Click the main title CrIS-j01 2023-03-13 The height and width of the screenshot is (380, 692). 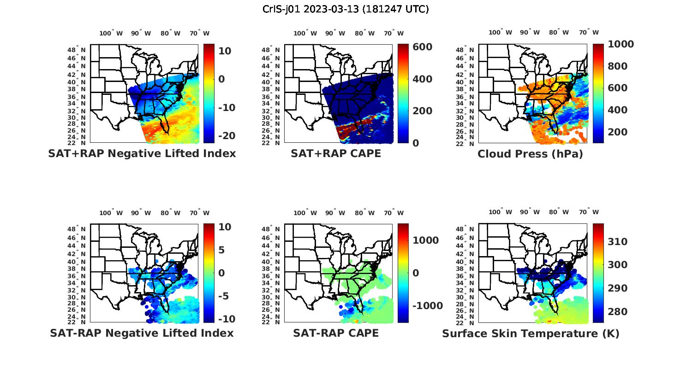point(346,9)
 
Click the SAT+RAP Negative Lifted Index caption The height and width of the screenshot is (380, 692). point(142,153)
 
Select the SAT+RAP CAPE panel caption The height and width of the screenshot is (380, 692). point(336,153)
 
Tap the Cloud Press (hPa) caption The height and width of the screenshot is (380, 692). point(530,154)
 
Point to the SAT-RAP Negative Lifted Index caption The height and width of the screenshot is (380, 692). point(142,333)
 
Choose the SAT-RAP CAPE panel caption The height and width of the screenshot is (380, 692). point(336,333)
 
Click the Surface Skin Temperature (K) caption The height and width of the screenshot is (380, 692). point(531,333)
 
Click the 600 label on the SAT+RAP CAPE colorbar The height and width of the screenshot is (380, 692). point(422,47)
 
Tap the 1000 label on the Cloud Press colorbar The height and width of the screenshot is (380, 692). point(621,44)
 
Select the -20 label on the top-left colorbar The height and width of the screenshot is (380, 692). point(226,136)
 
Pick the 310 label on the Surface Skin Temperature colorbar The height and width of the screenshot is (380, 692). point(618,242)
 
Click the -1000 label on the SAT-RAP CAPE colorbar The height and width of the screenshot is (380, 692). point(426,306)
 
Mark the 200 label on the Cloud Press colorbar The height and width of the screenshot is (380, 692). point(618,132)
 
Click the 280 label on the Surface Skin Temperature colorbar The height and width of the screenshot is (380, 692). point(618,312)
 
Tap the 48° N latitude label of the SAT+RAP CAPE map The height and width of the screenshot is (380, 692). point(271,50)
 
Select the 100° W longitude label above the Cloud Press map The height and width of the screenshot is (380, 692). point(501,32)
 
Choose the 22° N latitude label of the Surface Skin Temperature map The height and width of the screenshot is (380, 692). point(465,322)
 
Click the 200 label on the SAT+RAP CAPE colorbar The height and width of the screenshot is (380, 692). point(422,111)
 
